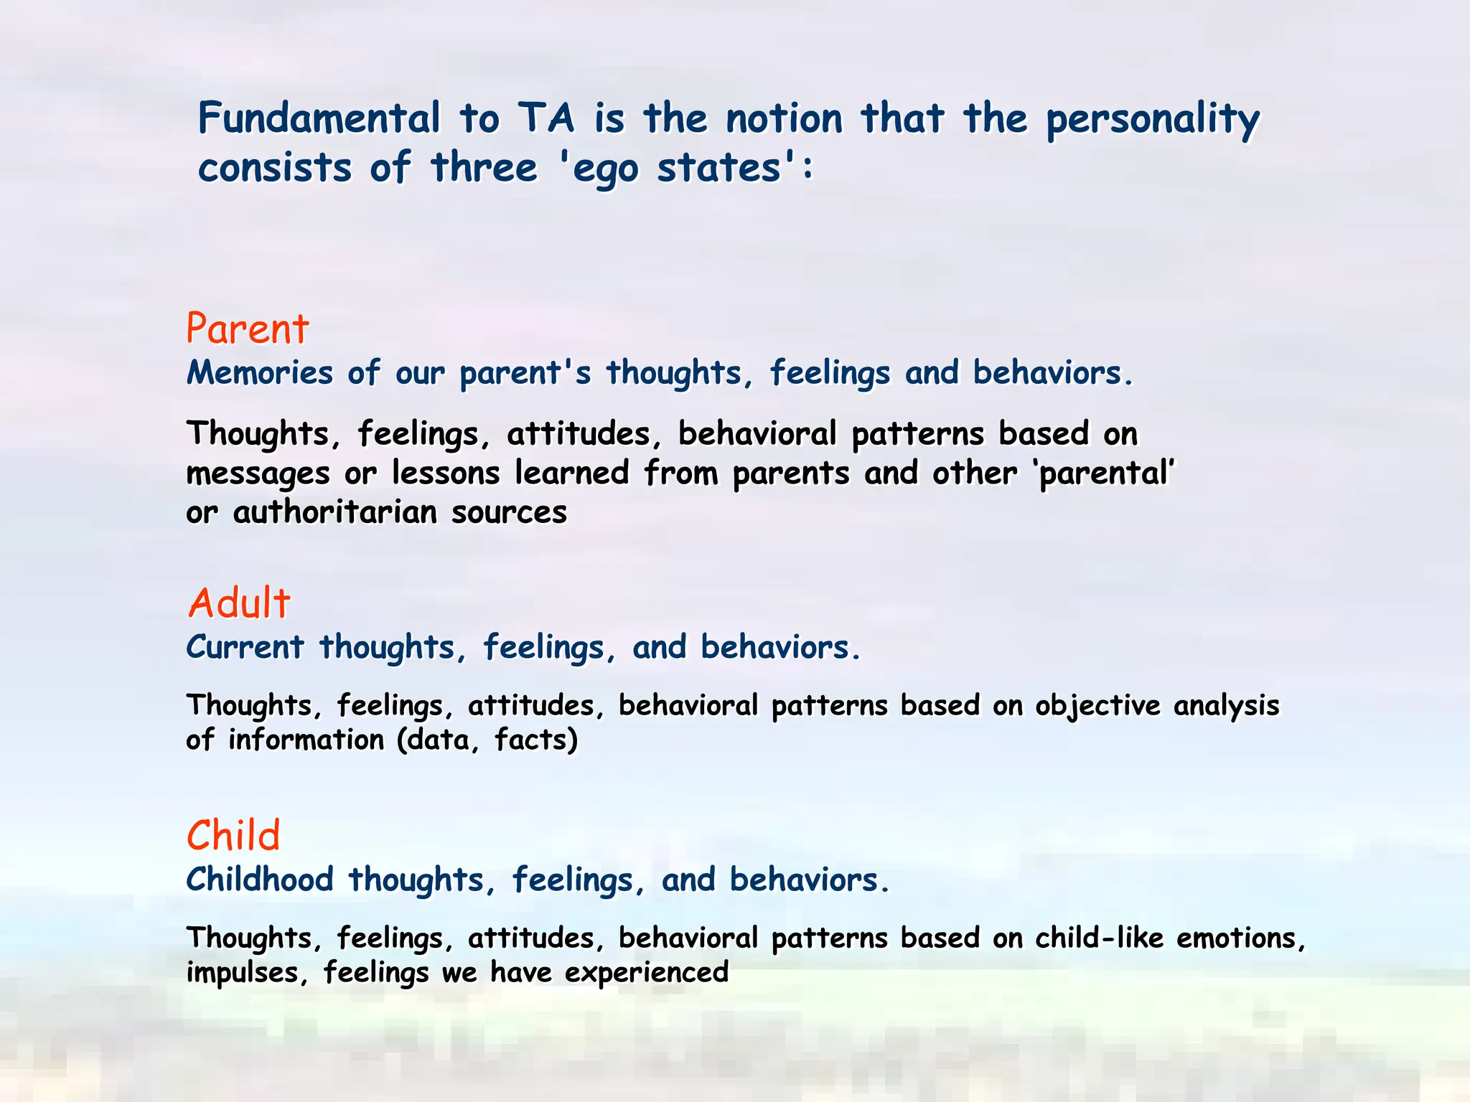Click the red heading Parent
(x=247, y=329)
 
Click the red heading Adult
(x=239, y=603)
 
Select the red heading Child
(x=233, y=835)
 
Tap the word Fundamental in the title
(x=319, y=118)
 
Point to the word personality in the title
(x=1151, y=120)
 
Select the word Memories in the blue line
(x=260, y=373)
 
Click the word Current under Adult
(x=245, y=647)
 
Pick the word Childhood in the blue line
(x=260, y=880)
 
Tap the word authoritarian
(x=334, y=513)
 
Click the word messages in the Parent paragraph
(x=258, y=474)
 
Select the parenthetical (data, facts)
(x=487, y=740)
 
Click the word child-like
(x=1098, y=938)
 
